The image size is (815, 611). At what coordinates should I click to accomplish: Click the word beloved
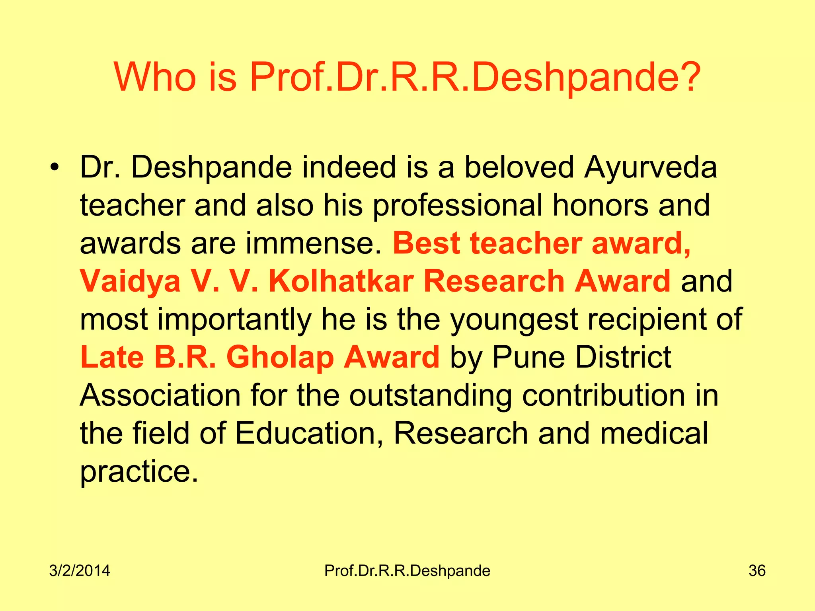point(519,167)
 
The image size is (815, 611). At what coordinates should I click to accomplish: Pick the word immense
point(314,243)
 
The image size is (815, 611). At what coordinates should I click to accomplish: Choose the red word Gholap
point(280,357)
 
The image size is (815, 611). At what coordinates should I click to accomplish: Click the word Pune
point(528,357)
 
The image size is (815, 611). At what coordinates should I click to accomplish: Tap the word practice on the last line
point(139,472)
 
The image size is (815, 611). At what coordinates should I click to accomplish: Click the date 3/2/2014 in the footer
point(80,571)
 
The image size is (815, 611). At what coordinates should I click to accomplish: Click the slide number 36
point(757,571)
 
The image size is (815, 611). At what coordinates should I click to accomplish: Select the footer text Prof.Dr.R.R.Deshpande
point(407,571)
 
